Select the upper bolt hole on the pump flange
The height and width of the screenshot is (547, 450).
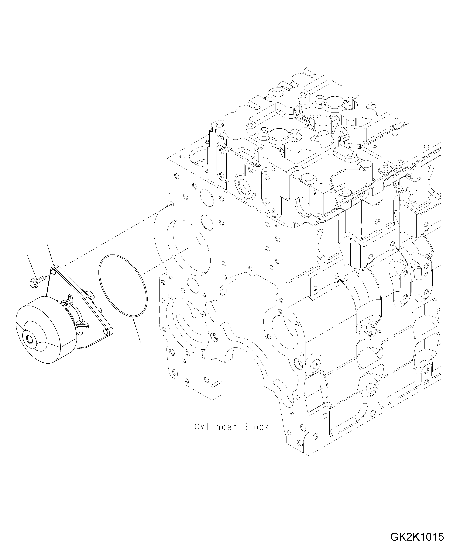click(54, 272)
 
